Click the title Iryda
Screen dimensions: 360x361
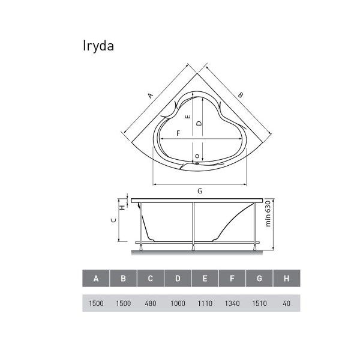98,46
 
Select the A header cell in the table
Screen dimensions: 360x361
96,278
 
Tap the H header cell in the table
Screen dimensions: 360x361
287,278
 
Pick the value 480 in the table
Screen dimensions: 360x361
151,303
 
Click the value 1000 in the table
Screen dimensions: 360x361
178,303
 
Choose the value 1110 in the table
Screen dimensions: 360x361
205,303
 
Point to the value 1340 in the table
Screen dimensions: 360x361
232,303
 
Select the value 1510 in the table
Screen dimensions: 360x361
259,303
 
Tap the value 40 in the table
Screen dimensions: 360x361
286,303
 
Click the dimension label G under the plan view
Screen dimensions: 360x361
200,191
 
